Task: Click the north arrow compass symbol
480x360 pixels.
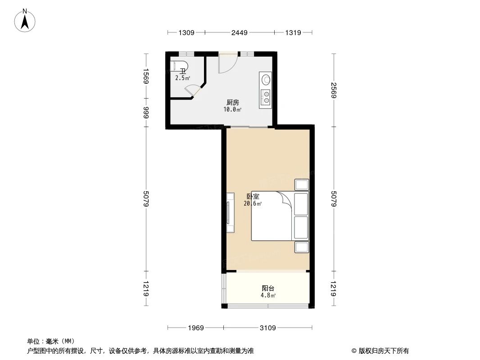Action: pos(26,20)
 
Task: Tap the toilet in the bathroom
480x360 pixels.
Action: pos(179,66)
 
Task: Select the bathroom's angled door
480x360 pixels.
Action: pos(193,90)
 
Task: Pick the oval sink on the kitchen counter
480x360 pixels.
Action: pos(266,80)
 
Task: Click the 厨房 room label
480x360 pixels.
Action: pos(232,102)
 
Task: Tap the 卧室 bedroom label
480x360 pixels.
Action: pos(253,197)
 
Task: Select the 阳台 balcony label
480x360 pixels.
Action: pos(268,288)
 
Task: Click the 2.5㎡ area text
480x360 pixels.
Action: pos(182,78)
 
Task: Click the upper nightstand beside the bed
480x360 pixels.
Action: pos(301,184)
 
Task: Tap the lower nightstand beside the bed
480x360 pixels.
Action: pos(301,247)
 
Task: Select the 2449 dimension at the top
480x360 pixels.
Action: pos(240,32)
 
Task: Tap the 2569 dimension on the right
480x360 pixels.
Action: pos(334,90)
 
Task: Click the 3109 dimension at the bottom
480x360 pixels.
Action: pos(267,327)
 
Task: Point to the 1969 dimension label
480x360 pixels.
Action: pos(196,327)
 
